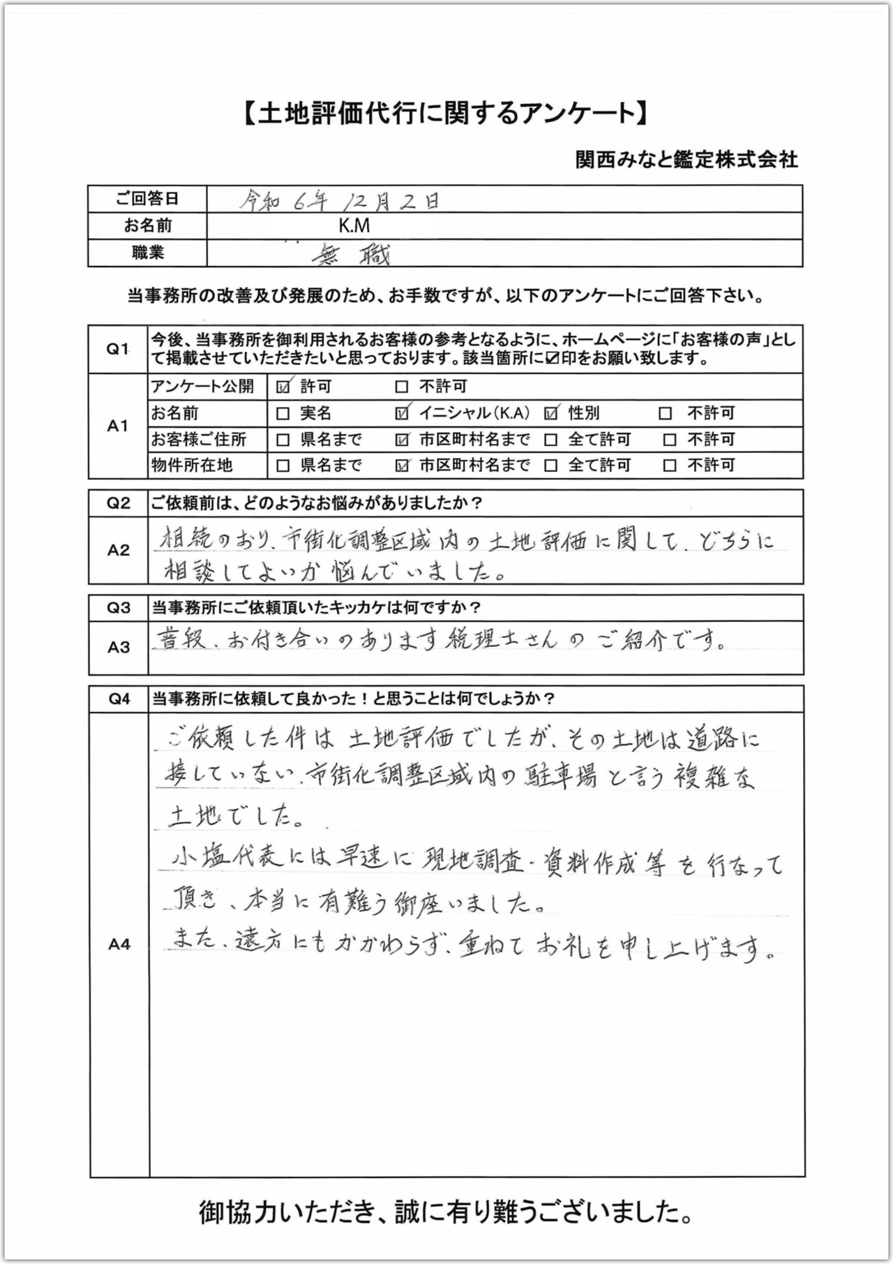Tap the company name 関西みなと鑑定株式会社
(686, 160)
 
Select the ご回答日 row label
(147, 199)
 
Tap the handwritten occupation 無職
(352, 255)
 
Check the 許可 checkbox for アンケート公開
(283, 387)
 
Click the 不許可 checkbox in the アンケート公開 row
(401, 387)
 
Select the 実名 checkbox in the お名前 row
(283, 413)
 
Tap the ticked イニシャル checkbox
(401, 413)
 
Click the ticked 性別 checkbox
(551, 413)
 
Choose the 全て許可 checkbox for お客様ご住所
(551, 440)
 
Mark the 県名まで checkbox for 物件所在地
(283, 466)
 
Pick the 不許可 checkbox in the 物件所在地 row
(670, 466)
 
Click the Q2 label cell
(119, 503)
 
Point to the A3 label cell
(119, 647)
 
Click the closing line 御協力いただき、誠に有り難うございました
(446, 1213)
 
